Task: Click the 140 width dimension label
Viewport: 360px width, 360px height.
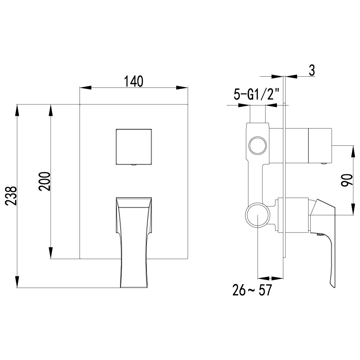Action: tap(134, 81)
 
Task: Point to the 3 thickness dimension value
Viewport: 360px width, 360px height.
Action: tap(311, 71)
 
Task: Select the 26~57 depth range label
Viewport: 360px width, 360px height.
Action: tap(252, 290)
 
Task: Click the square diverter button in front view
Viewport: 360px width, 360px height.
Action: tap(134, 146)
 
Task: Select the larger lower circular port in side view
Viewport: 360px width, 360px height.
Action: tap(258, 215)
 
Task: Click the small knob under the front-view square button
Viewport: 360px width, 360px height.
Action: tap(134, 165)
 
